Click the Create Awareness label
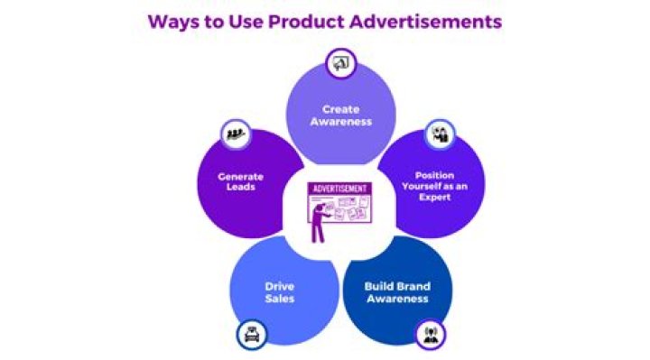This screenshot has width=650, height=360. (x=340, y=115)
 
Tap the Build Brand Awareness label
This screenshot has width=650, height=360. (x=396, y=292)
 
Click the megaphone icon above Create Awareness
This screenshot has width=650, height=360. (x=341, y=63)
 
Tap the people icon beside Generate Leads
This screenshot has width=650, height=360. (x=237, y=134)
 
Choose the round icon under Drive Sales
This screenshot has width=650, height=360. (x=251, y=335)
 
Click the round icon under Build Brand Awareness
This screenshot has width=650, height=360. (x=431, y=334)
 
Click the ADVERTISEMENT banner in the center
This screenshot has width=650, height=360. (x=339, y=189)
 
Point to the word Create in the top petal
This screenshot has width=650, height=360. (x=340, y=109)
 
